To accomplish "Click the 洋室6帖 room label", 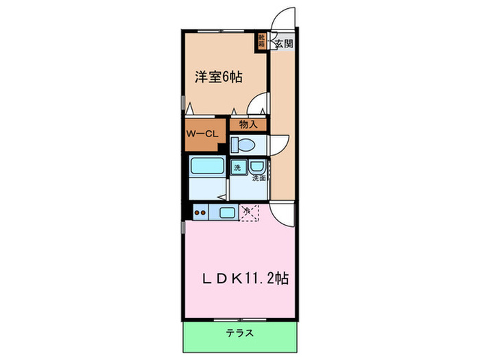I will pyautogui.click(x=218, y=77).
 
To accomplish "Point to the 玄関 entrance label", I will pyautogui.click(x=285, y=45).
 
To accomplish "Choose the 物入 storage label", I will pyautogui.click(x=248, y=125).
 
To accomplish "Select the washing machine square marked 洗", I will pyautogui.click(x=237, y=168).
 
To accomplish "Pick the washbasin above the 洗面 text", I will pyautogui.click(x=256, y=168).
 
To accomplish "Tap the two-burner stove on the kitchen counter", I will pyautogui.click(x=201, y=213).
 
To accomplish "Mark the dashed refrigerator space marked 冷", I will pyautogui.click(x=248, y=212).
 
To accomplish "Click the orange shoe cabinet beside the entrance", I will pyautogui.click(x=262, y=40).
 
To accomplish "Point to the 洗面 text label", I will pyautogui.click(x=258, y=178).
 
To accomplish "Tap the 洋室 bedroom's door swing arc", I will pyautogui.click(x=259, y=103).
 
